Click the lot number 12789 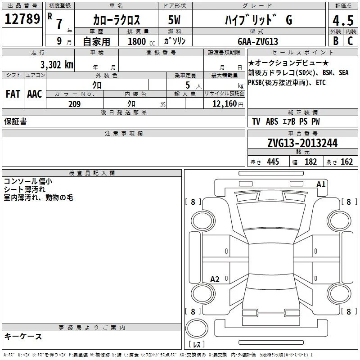[22, 19]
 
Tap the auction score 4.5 [343, 20]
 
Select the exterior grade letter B [336, 41]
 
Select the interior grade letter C [350, 41]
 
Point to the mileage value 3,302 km [57, 65]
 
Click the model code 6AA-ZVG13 [258, 41]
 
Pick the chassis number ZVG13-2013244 [302, 143]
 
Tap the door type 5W [174, 20]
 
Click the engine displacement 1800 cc [141, 41]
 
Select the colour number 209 [74, 104]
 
